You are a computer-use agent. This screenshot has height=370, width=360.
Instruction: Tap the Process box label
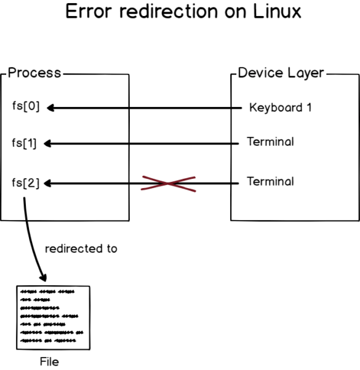tap(34, 73)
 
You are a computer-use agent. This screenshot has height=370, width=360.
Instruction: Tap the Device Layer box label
tap(281, 73)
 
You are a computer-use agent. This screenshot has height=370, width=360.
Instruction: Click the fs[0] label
tap(26, 106)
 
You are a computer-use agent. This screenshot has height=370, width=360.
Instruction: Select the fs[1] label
tap(25, 144)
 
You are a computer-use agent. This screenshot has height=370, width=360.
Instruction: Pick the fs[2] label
tap(26, 183)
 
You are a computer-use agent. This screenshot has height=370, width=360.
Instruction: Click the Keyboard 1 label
tap(280, 108)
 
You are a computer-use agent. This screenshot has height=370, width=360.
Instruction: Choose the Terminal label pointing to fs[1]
tap(270, 142)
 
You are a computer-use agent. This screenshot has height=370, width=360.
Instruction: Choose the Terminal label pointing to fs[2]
tap(270, 181)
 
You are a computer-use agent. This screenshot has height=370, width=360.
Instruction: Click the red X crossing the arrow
tap(169, 183)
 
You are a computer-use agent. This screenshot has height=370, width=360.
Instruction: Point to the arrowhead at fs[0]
tap(51, 108)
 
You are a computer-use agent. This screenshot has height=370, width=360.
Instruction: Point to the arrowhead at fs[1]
tap(50, 144)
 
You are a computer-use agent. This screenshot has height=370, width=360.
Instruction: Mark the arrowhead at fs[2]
tap(50, 183)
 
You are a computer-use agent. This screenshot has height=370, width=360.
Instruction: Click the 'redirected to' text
tap(81, 249)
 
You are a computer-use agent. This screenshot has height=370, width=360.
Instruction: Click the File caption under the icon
tap(49, 361)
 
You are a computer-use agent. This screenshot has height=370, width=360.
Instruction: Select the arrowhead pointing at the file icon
tap(43, 277)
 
